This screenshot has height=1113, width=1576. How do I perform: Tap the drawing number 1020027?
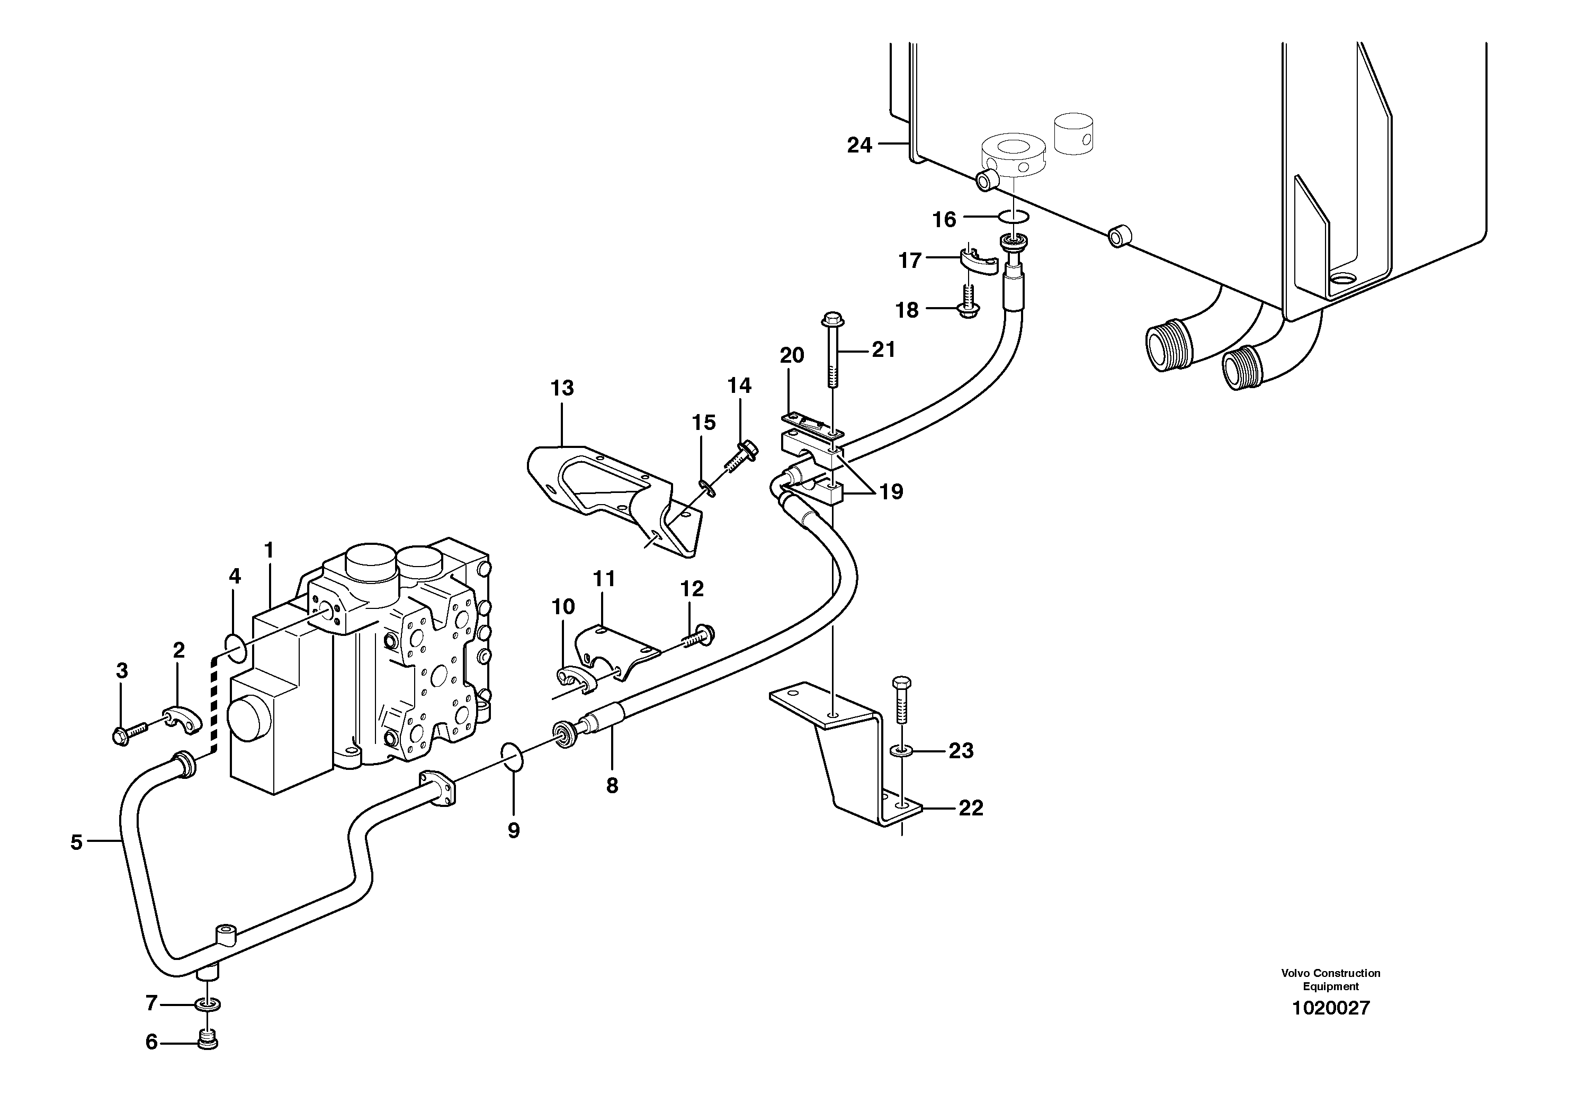[x=1330, y=1008]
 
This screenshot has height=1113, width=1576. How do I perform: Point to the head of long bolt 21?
[x=832, y=320]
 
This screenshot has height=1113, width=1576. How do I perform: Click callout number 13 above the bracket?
[x=561, y=388]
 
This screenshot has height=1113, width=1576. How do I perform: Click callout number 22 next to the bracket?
[x=971, y=809]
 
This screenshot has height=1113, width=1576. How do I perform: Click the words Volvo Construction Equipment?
[x=1330, y=979]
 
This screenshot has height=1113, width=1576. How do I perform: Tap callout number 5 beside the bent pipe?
[x=76, y=842]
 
